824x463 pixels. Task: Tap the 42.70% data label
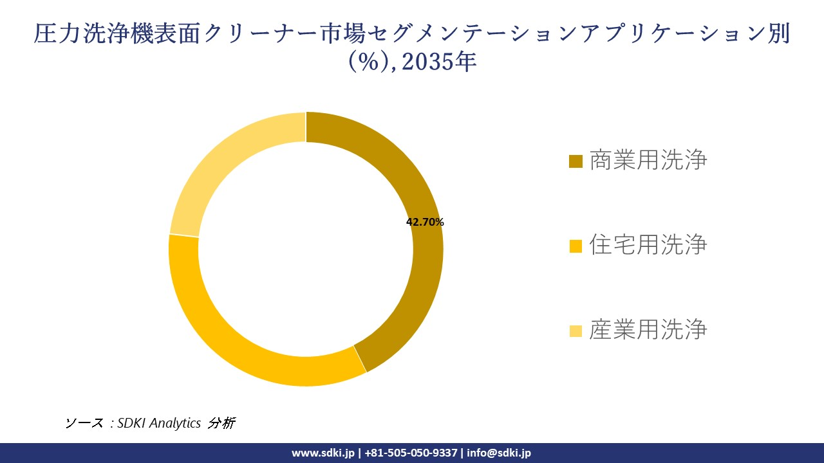(x=425, y=222)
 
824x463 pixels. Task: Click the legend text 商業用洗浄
(x=648, y=160)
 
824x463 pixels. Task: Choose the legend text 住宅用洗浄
(x=648, y=245)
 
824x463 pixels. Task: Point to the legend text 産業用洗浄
(x=648, y=330)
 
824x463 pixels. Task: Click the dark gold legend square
(x=576, y=161)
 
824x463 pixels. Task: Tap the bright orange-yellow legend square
(x=576, y=246)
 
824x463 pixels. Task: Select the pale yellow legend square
(x=576, y=331)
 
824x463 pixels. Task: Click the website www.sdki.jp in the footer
(x=323, y=453)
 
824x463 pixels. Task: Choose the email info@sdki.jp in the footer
(x=499, y=453)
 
